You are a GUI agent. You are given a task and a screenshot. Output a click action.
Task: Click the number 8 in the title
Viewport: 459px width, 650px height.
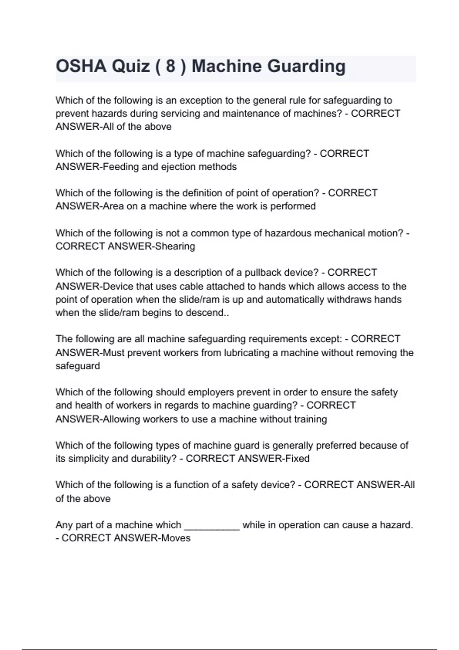(171, 66)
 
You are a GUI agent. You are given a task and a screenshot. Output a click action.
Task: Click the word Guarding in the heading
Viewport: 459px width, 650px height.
(306, 66)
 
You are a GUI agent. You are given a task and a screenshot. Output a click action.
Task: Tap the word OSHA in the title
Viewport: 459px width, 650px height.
(81, 66)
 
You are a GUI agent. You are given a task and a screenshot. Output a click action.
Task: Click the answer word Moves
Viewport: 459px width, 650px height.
(176, 538)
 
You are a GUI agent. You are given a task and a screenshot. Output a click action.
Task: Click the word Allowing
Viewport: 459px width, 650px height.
(122, 419)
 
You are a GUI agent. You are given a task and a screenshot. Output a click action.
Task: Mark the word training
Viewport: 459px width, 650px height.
(310, 419)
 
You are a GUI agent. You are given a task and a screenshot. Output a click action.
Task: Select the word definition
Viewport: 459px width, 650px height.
(203, 193)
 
